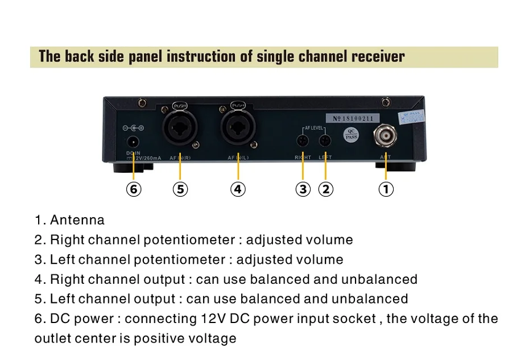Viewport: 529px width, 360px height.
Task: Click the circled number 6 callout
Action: pos(134,189)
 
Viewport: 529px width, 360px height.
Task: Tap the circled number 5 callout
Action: pos(180,189)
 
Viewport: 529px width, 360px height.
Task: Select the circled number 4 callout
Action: pos(238,189)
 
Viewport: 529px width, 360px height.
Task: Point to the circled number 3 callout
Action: pos(303,189)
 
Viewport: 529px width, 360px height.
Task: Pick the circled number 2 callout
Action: pos(325,189)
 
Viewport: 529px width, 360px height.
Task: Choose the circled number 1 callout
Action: pos(386,189)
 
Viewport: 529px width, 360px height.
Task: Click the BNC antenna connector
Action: pos(386,136)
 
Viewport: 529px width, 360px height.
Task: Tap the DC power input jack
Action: pos(133,142)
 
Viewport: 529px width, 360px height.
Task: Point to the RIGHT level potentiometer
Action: pos(303,140)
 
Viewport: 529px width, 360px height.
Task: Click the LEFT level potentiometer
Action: pos(325,140)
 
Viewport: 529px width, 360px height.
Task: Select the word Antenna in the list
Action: pos(77,220)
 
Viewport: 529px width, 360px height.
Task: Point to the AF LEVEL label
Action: pos(314,129)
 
